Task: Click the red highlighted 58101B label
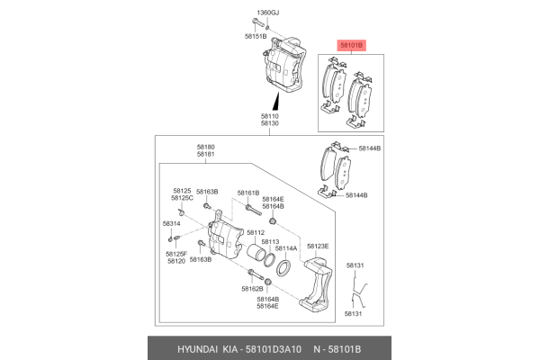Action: (x=351, y=45)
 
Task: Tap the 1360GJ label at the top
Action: (x=268, y=13)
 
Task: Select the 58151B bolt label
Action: (x=256, y=36)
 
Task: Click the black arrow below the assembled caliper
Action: (x=276, y=102)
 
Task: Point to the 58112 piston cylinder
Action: (x=256, y=252)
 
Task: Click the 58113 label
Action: (x=270, y=242)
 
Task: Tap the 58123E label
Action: (x=318, y=246)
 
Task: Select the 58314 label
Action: (x=172, y=223)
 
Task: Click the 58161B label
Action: (x=248, y=193)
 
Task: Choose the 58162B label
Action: (x=252, y=289)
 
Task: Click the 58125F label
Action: (x=176, y=254)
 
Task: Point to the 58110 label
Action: (x=270, y=116)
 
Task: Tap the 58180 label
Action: (x=205, y=147)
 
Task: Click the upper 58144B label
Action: (x=370, y=148)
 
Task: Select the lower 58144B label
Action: (x=356, y=195)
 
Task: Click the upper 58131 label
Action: (x=355, y=265)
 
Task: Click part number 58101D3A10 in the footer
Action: (x=274, y=349)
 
